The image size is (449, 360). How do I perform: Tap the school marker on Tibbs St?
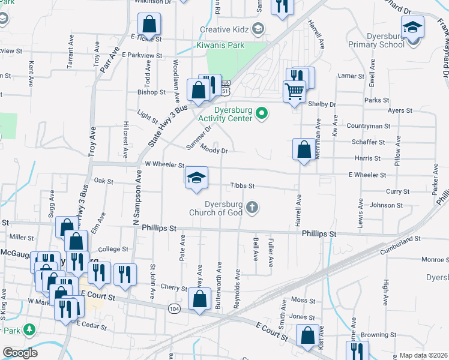click(196, 178)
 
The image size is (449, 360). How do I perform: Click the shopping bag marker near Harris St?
click(304, 149)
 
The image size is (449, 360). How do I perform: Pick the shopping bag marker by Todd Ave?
click(149, 25)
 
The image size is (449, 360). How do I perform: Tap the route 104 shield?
click(174, 308)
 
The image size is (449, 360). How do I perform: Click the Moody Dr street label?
click(215, 150)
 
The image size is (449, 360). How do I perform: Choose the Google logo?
click(20, 353)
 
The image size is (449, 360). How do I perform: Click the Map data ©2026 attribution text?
click(423, 355)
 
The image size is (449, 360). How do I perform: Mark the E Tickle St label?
click(146, 37)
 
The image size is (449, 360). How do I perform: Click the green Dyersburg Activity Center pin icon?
click(261, 113)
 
